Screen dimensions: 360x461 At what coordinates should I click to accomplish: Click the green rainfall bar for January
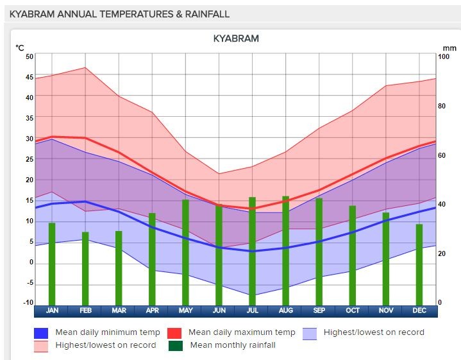52,264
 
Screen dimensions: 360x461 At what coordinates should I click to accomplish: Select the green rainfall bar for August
285,250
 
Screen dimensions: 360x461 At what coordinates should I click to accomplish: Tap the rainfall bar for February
85,268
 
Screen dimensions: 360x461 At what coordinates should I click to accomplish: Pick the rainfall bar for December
419,264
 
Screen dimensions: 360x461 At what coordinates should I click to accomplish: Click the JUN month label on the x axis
219,311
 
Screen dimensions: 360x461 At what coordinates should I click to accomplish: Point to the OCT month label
352,311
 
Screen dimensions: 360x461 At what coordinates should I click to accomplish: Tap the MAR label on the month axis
119,311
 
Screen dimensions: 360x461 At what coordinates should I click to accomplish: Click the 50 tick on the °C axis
29,56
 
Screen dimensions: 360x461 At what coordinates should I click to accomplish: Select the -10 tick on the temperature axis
28,303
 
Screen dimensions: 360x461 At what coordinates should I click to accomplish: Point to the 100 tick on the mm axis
444,56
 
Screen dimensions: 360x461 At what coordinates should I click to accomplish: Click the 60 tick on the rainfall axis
442,155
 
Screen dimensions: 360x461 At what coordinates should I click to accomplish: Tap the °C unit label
20,47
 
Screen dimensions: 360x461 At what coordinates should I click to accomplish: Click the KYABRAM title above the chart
236,39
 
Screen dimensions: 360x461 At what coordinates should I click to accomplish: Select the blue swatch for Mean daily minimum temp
41,333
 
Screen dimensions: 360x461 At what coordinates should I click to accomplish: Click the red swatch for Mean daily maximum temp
175,333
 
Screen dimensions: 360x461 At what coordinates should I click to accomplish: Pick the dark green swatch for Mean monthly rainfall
175,346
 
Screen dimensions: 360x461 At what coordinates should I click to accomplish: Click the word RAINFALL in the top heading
203,14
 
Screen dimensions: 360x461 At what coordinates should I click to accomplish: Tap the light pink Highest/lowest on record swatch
41,346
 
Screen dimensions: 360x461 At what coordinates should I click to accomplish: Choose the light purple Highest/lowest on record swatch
310,333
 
